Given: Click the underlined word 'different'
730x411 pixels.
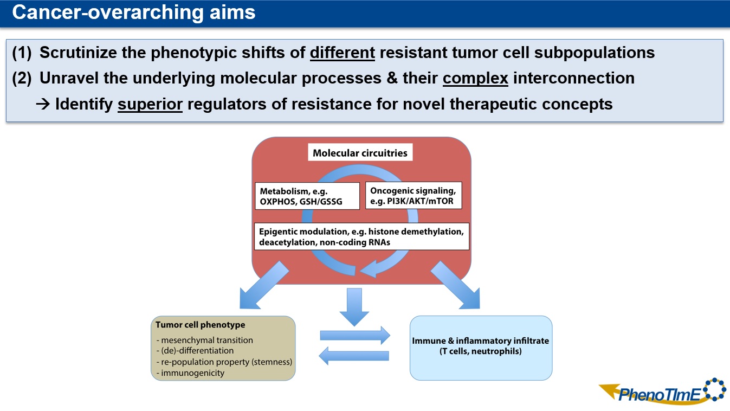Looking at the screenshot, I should pos(343,53).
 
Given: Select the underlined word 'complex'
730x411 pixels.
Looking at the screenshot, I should pos(475,78).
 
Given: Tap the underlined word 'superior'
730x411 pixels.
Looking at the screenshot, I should pos(150,104).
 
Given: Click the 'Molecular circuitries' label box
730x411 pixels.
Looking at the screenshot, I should pos(360,153).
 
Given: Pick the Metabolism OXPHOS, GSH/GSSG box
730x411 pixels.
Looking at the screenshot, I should pos(307,196).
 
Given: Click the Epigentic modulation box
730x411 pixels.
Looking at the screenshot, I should pos(361,236).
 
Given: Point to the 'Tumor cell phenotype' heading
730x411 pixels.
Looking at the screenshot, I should pos(201,325).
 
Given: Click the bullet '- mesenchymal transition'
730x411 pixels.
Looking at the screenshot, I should pos(204,341).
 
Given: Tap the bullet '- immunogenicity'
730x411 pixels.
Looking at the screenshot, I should pos(190,373).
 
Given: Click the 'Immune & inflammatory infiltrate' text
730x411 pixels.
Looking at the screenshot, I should pos(481,341).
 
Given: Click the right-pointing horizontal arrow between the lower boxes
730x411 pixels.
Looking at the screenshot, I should pos(355,335).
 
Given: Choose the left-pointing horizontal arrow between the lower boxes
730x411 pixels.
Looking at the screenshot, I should pos(355,356).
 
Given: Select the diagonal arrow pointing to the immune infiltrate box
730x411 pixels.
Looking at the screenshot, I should pos(455,285).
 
